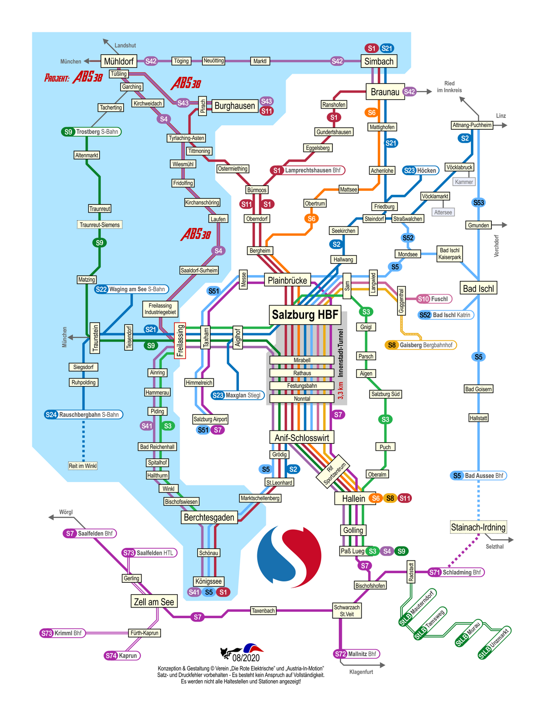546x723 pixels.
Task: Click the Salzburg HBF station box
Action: click(x=305, y=315)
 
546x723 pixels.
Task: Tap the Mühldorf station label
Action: click(x=118, y=61)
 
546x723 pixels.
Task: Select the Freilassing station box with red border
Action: click(x=180, y=341)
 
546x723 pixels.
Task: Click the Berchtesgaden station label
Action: click(x=209, y=518)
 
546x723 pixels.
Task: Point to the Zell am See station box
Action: click(x=154, y=602)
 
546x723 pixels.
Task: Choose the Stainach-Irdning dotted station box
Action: click(x=478, y=527)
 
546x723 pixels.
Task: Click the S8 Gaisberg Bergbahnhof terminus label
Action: click(x=421, y=345)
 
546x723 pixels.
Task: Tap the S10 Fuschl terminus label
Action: click(x=434, y=299)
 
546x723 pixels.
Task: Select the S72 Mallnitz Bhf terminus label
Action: click(x=356, y=654)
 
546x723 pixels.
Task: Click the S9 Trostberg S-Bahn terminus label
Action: click(x=91, y=132)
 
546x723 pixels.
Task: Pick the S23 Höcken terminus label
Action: click(x=420, y=170)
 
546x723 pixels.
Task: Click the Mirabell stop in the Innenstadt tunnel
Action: click(x=302, y=360)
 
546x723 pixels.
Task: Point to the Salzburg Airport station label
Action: click(x=210, y=419)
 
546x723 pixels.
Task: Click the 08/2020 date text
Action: click(x=246, y=658)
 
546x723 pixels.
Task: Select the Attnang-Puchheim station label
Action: click(x=472, y=125)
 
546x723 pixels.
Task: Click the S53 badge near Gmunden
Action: click(x=479, y=203)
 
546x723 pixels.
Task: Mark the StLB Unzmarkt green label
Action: click(x=494, y=643)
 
